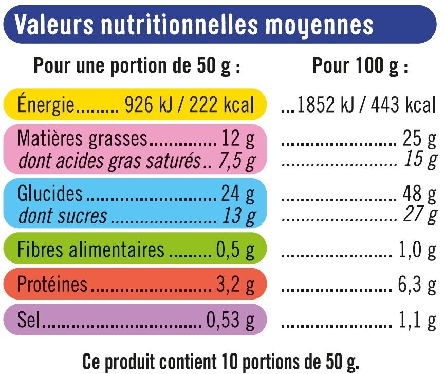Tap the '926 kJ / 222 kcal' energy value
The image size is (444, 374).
190,105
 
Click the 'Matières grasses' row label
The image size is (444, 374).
82,139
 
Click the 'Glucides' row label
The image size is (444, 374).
50,194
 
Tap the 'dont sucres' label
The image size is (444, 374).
63,216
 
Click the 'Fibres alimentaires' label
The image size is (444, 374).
91,250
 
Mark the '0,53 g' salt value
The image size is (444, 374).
230,321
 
